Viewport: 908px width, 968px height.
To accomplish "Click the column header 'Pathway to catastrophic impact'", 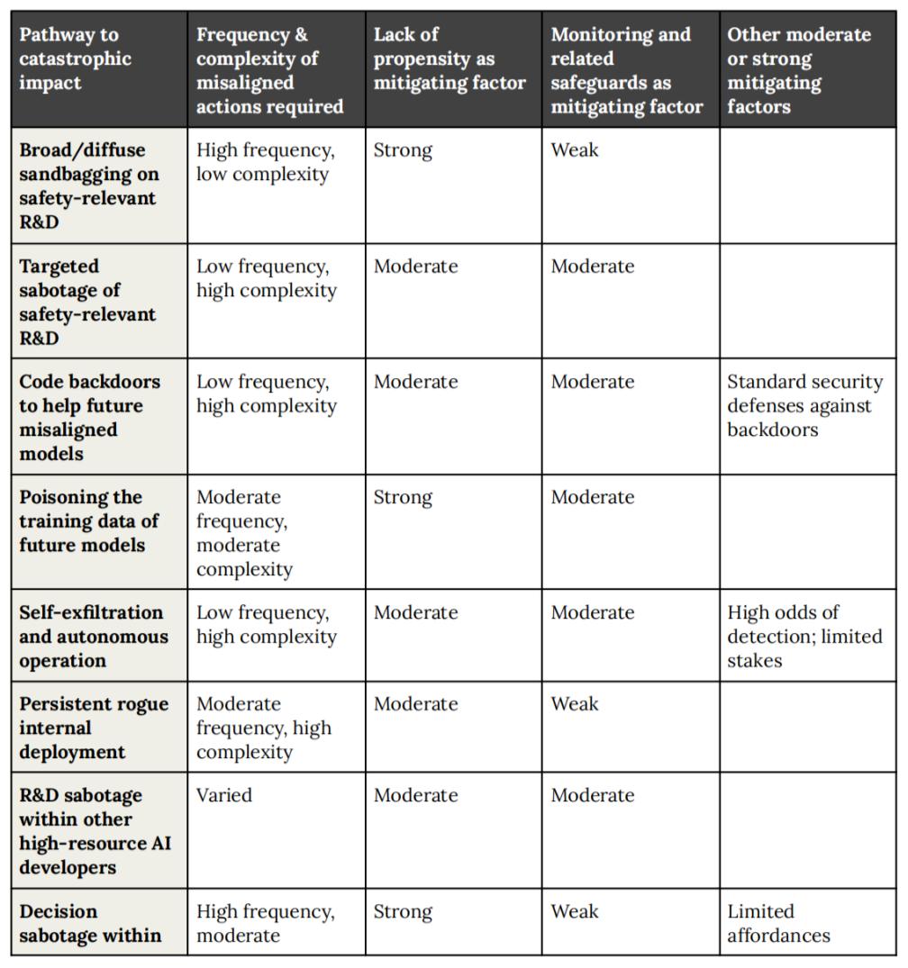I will tap(76, 59).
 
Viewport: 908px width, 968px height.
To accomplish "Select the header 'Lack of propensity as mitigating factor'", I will tap(449, 59).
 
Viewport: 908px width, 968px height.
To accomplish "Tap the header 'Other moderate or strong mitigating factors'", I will tap(799, 70).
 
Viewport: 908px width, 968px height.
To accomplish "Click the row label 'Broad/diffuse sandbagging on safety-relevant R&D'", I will tap(87, 185).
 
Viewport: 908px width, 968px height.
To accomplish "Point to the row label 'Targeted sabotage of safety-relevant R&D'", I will tap(87, 302).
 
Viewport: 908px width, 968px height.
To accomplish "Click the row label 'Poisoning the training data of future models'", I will tap(89, 520).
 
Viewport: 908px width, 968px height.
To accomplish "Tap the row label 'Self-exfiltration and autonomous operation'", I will tap(94, 636).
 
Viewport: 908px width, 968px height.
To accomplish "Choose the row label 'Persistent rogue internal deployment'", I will tap(94, 727).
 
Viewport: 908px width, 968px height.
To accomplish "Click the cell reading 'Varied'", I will tap(224, 795).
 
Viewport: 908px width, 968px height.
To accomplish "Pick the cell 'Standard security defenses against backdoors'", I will tap(804, 405).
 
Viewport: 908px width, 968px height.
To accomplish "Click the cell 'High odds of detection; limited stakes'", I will tap(804, 636).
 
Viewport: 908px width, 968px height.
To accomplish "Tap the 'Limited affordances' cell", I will tap(778, 923).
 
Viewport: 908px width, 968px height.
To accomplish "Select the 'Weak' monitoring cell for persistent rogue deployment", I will tap(575, 703).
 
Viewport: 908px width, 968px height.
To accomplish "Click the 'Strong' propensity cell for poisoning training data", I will tap(403, 497).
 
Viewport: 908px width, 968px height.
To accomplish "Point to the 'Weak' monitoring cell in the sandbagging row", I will tap(575, 150).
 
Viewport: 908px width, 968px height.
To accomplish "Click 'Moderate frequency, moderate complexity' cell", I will tap(244, 532).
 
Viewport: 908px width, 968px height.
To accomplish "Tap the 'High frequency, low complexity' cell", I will tap(265, 162).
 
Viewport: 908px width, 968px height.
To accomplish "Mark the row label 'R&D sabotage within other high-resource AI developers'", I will tap(95, 831).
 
